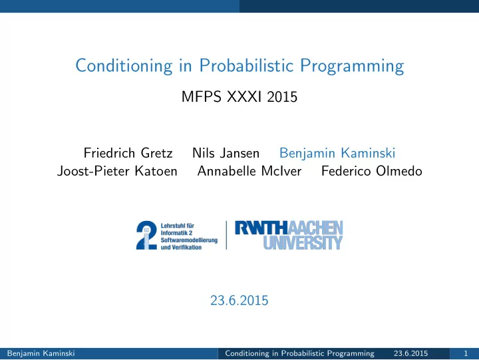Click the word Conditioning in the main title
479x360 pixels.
point(124,66)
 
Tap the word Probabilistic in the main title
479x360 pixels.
point(246,65)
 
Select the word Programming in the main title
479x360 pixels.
point(352,66)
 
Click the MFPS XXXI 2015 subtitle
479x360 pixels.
point(239,97)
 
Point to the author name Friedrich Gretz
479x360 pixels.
point(128,153)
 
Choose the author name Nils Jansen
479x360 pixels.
point(226,153)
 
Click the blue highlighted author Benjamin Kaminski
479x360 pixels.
point(337,153)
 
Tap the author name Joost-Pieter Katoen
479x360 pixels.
point(117,171)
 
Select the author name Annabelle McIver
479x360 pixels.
point(249,171)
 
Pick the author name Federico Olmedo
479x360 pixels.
point(372,171)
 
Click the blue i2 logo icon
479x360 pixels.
point(146,235)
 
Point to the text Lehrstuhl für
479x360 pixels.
point(178,226)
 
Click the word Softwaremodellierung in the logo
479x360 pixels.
point(189,240)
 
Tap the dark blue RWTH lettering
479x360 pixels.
point(261,228)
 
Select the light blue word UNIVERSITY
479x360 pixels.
point(303,242)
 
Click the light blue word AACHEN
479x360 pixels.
point(315,228)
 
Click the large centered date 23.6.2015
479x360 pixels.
point(239,300)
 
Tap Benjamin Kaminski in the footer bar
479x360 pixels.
point(41,353)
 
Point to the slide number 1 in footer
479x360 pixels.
point(466,353)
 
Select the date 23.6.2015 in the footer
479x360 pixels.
point(410,353)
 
